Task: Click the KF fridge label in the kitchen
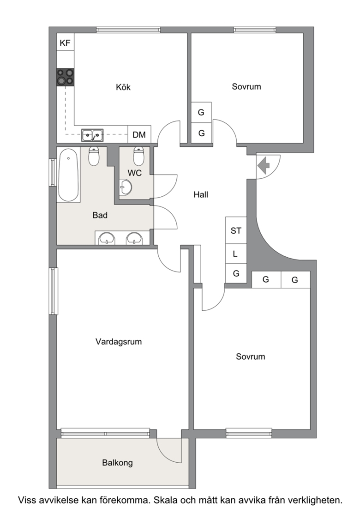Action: pyautogui.click(x=65, y=43)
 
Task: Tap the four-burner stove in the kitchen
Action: pyautogui.click(x=66, y=77)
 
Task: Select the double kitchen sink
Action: pyautogui.click(x=92, y=135)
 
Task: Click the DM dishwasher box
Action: pyautogui.click(x=139, y=135)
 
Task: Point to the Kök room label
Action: pyautogui.click(x=123, y=87)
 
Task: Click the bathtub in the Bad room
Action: pyautogui.click(x=68, y=175)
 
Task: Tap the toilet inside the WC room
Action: pyautogui.click(x=138, y=156)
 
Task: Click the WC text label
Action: pyautogui.click(x=135, y=173)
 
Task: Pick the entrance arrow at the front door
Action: pyautogui.click(x=264, y=166)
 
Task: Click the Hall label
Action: pyautogui.click(x=201, y=195)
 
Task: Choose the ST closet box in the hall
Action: pyautogui.click(x=236, y=230)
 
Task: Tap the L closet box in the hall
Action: pyautogui.click(x=236, y=254)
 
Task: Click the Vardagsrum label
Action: pyautogui.click(x=119, y=342)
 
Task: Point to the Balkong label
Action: pyautogui.click(x=117, y=463)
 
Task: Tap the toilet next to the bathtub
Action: pyautogui.click(x=94, y=156)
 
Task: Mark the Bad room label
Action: pyautogui.click(x=100, y=215)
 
